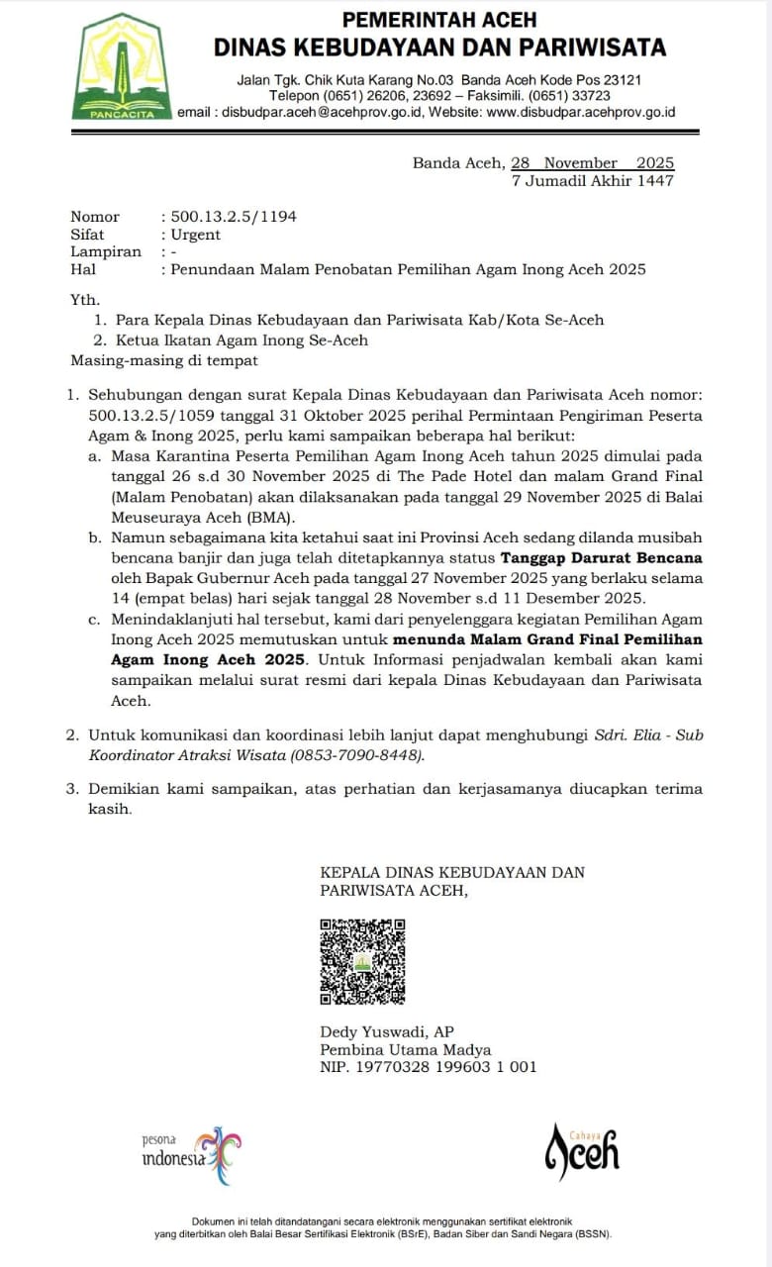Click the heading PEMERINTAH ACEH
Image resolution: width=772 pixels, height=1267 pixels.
click(439, 19)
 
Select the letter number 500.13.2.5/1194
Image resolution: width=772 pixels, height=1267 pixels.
click(234, 217)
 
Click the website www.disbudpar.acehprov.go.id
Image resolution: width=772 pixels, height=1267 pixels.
click(581, 113)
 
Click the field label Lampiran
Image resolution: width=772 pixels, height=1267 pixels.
click(106, 251)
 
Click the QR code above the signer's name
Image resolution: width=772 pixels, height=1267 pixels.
click(362, 962)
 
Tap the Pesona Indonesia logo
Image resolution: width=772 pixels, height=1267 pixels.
click(192, 1155)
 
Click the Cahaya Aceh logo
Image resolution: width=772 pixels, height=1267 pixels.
click(583, 1151)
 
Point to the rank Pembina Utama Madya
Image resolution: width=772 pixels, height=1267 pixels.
click(405, 1049)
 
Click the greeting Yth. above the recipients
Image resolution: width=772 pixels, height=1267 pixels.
click(85, 299)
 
